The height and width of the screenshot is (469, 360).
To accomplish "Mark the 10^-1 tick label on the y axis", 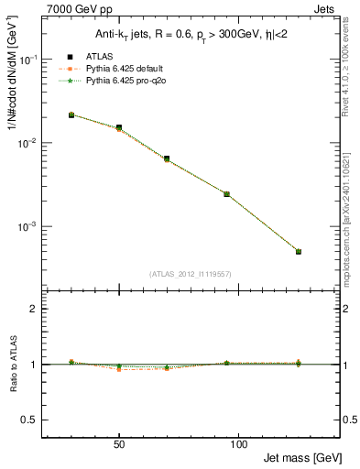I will click(29, 60).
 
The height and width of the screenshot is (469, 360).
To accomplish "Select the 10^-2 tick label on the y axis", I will click(29, 144).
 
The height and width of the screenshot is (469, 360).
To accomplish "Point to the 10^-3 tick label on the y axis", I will click(29, 227).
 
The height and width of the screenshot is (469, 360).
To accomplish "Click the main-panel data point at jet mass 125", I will click(298, 251).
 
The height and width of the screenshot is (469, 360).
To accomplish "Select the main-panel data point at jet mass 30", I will click(71, 115).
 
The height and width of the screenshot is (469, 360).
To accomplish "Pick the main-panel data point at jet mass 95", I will click(226, 194).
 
